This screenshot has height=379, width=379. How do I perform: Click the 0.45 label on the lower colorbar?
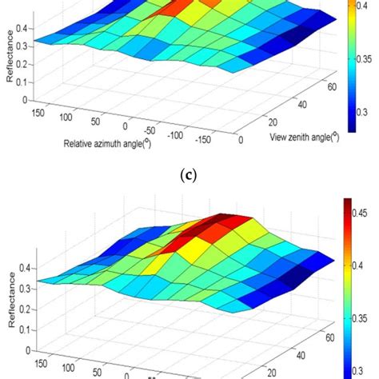pyautogui.click(x=361, y=213)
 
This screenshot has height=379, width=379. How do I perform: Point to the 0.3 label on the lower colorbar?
pyautogui.click(x=361, y=369)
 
